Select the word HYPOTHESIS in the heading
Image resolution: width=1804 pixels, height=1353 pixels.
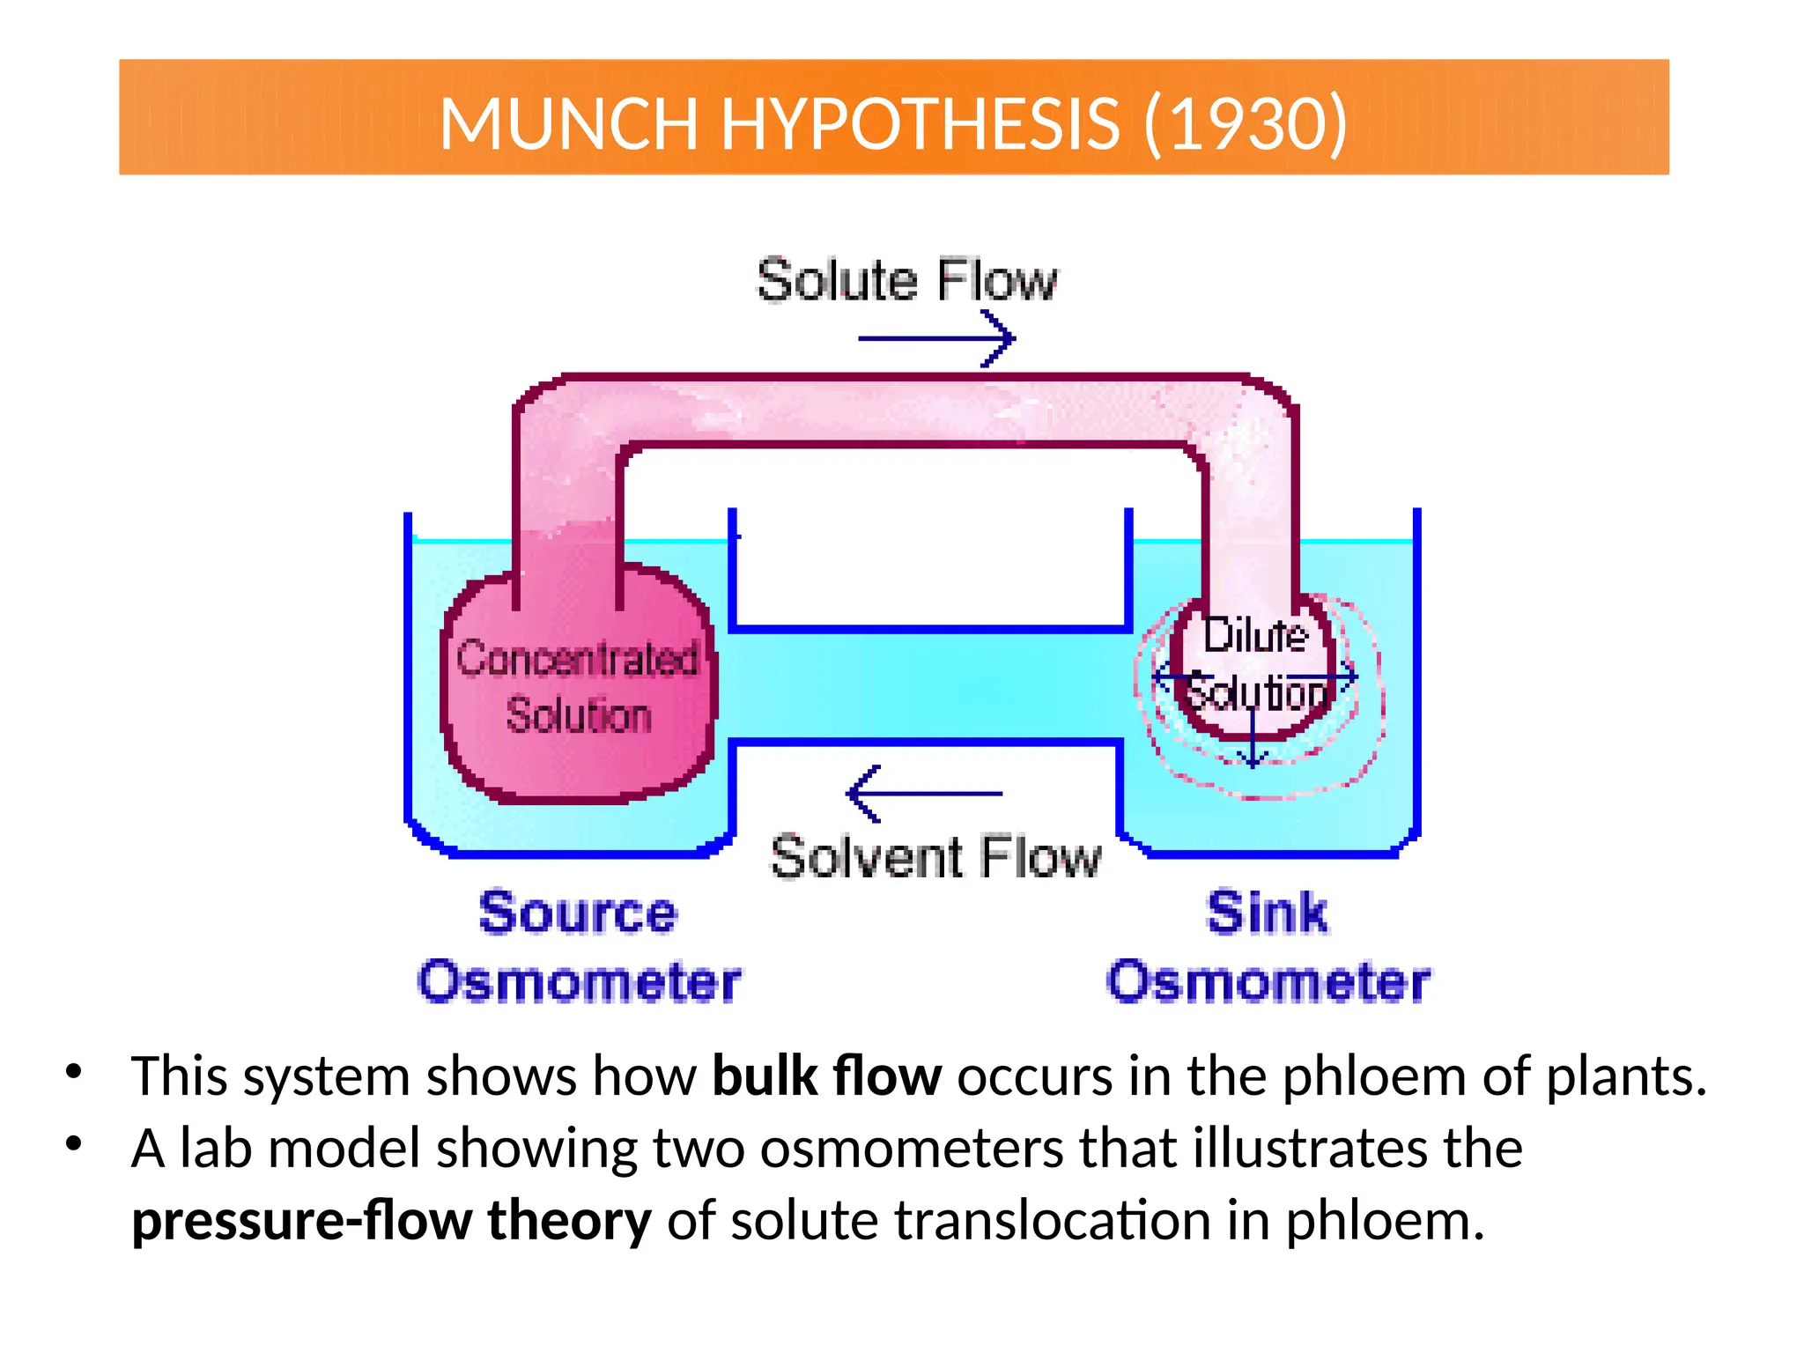(x=920, y=122)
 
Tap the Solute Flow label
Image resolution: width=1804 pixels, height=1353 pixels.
(x=906, y=281)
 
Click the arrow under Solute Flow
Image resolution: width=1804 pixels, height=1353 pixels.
(x=936, y=338)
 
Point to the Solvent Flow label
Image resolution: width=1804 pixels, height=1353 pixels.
(x=935, y=857)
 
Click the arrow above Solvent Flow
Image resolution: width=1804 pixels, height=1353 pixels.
(x=924, y=794)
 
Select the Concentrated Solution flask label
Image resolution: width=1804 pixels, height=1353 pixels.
(x=578, y=687)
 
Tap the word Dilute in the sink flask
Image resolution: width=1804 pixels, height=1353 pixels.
(x=1255, y=635)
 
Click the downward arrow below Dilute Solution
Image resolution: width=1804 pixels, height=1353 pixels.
(x=1253, y=740)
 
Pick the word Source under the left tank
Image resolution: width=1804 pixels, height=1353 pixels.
(x=578, y=913)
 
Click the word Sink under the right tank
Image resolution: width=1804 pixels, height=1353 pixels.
(x=1267, y=913)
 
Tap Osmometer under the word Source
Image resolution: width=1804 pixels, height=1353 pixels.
(x=579, y=982)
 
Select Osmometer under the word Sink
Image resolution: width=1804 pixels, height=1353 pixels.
(x=1268, y=982)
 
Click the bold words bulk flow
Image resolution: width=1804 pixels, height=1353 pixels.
(x=826, y=1076)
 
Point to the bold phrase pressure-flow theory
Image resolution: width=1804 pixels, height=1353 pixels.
(x=391, y=1221)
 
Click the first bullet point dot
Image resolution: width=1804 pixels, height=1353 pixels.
(x=74, y=1072)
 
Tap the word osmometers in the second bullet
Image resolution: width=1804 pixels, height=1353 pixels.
(x=912, y=1149)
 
